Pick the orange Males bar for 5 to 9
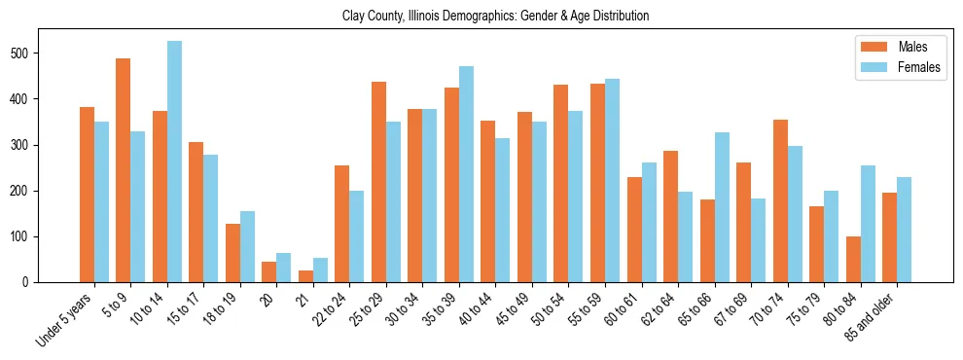(124, 170)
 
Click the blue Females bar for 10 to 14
(174, 162)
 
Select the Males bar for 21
(305, 276)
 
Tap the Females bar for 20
(284, 268)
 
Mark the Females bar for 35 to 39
(466, 174)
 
